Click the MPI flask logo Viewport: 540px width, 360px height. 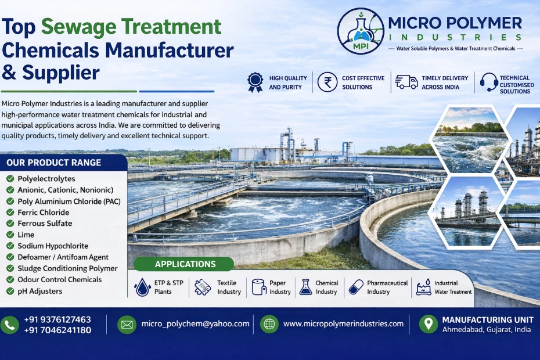(x=361, y=31)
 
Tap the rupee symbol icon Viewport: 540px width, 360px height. (x=327, y=82)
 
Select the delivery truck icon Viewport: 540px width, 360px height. (x=406, y=82)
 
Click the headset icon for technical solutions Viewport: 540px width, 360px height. (x=488, y=82)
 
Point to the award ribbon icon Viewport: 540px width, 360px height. (x=255, y=82)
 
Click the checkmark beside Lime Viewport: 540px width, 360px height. (x=10, y=235)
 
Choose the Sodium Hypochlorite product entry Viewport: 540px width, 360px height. (x=53, y=246)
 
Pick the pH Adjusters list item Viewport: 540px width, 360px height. (x=39, y=291)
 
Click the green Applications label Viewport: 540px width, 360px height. (x=185, y=264)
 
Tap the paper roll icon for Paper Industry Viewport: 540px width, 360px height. (x=258, y=287)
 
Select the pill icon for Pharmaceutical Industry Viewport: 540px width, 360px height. (x=356, y=287)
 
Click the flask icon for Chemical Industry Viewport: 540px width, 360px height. (x=305, y=287)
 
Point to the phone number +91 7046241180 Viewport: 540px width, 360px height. (x=57, y=330)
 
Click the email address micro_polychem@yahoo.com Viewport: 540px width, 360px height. (x=195, y=324)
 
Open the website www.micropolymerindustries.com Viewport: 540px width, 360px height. (x=343, y=324)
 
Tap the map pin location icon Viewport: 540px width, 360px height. (x=429, y=324)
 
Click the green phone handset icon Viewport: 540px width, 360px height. (x=10, y=325)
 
